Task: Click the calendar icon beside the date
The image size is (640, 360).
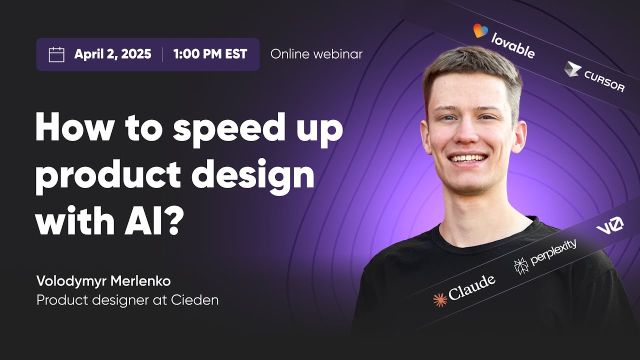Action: [x=56, y=54]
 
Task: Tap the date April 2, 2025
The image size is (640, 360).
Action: [x=112, y=54]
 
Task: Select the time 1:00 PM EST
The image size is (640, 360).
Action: [x=210, y=54]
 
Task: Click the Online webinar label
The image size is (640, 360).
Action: [x=316, y=54]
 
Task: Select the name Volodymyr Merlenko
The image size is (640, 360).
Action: [x=103, y=281]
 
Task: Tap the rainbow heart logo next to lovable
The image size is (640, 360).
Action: [x=480, y=31]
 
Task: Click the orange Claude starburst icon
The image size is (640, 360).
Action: [x=440, y=300]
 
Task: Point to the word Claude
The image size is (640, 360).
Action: [x=471, y=288]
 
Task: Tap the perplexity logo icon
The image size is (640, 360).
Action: [x=521, y=265]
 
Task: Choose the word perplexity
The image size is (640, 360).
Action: [x=553, y=252]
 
